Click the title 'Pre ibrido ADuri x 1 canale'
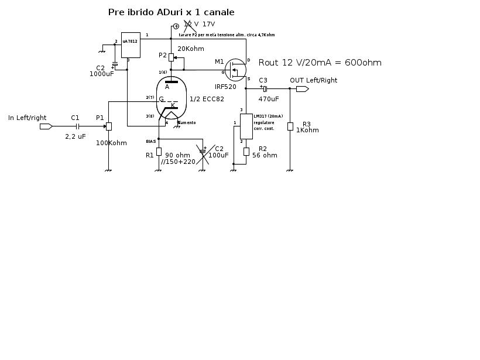[171, 12]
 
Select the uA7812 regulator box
[131, 45]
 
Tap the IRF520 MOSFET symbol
[235, 70]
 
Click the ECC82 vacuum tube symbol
[171, 98]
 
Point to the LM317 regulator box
[246, 126]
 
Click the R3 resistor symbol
[290, 126]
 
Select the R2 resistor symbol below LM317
[246, 151]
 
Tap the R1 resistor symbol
[159, 152]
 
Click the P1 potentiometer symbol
[108, 126]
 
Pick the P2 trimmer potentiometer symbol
[171, 57]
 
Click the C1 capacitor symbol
[77, 126]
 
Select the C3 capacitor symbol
[265, 89]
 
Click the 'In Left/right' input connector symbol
[46, 126]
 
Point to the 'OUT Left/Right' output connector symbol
[302, 89]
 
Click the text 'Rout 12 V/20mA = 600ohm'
[320, 63]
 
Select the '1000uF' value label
[102, 74]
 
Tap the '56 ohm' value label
[265, 156]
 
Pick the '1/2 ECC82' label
[207, 100]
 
